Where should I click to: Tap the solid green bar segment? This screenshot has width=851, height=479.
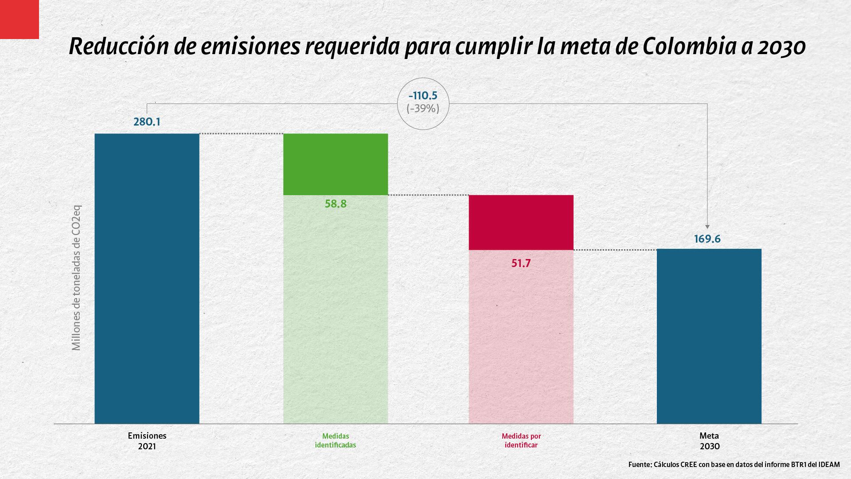pos(336,164)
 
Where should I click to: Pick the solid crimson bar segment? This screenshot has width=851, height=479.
pos(521,222)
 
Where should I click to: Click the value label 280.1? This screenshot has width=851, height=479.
pos(147,122)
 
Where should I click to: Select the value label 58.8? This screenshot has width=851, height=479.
pos(336,204)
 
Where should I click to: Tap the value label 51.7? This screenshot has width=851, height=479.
pos(521,263)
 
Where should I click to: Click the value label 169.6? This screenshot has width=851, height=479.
pos(707,239)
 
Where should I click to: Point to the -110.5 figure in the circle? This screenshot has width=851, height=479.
pos(423,95)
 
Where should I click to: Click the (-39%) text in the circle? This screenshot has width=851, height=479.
pos(423,109)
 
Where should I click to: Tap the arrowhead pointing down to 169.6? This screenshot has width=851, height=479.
pos(707,225)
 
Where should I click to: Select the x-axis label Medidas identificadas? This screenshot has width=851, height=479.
pos(336,440)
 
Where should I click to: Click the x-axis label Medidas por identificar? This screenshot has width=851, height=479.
pos(521,440)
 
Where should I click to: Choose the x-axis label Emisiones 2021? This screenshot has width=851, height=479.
pos(147,441)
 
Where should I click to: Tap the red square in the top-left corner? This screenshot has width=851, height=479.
pos(19,19)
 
